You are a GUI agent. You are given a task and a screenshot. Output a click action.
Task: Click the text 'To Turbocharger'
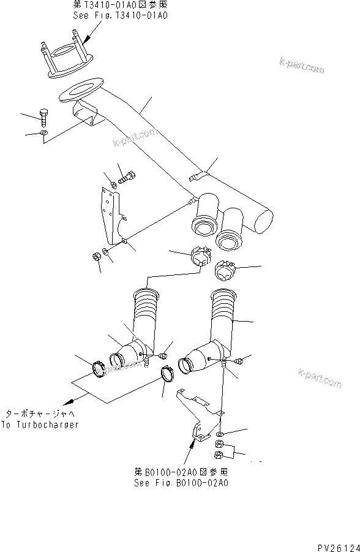pos(40,425)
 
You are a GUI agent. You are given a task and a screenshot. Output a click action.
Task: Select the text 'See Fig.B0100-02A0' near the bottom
pos(181,483)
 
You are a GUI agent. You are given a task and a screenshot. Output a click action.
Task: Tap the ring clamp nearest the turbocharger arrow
pos(98,371)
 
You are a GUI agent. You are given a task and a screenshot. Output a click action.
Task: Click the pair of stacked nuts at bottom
pos(219,449)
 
